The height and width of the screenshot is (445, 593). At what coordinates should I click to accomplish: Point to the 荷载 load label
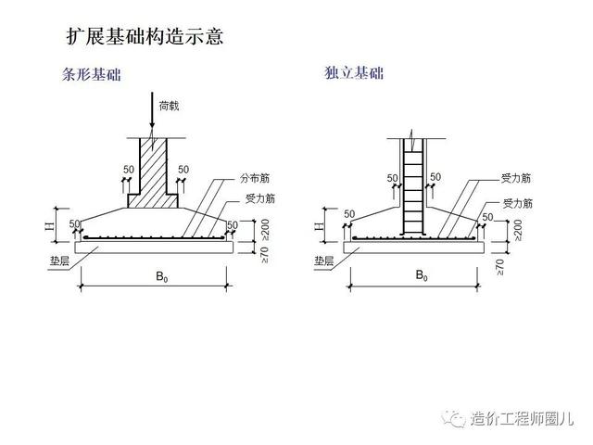coord(167,106)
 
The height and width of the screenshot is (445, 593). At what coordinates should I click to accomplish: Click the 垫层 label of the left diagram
coord(46,261)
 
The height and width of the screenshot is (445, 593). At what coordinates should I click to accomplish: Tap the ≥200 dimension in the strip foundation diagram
coord(266,229)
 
